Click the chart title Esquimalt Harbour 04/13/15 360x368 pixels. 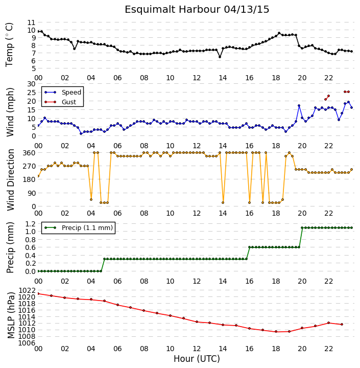tap(197, 10)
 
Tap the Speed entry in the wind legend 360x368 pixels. tap(71, 92)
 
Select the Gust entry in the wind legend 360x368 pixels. tap(69, 102)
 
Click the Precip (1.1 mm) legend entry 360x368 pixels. tap(87, 227)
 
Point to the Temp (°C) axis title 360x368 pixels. tap(9, 44)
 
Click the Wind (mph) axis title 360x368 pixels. tap(10, 112)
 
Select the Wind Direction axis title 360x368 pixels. tap(11, 180)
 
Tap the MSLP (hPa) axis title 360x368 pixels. tap(11, 315)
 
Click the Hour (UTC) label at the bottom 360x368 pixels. tap(197, 359)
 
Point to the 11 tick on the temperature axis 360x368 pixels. tap(31, 22)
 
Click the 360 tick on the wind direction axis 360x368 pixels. tap(30, 153)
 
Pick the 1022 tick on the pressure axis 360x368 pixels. tap(27, 290)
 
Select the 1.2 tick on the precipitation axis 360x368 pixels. tap(31, 224)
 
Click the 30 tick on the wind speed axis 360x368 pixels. tap(31, 84)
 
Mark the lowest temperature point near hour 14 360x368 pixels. tap(220, 57)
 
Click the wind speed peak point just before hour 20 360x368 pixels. tap(299, 106)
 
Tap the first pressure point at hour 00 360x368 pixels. tap(38, 293)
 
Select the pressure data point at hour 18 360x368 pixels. tap(276, 332)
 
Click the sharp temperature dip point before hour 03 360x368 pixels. tap(75, 49)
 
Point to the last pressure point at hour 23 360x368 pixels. tap(342, 325)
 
